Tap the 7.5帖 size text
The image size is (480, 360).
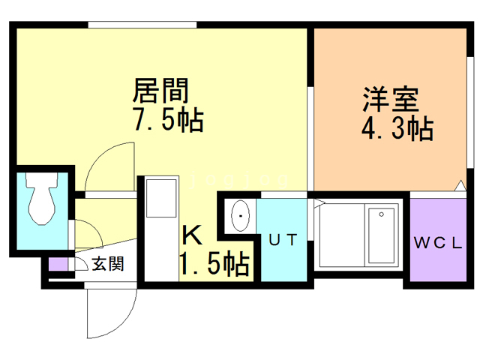point(166,120)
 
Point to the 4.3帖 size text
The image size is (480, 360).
point(397,129)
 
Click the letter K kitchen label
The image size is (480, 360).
point(192,236)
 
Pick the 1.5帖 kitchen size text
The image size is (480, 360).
point(214,264)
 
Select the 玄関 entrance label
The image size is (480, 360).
point(107,263)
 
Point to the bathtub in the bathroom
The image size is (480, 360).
point(381,235)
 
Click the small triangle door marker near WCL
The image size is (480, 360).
point(458,185)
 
